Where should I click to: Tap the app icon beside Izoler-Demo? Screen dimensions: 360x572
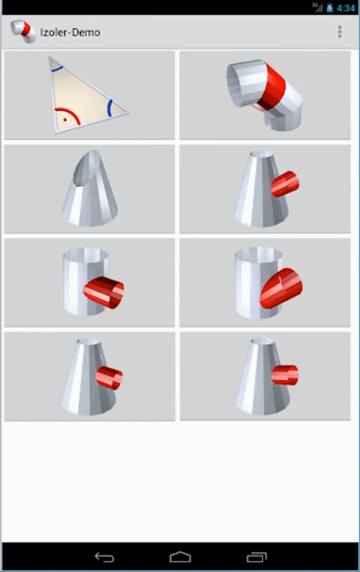point(23,31)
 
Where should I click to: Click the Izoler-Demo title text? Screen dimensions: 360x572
point(70,32)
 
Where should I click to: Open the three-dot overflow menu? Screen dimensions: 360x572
point(340,32)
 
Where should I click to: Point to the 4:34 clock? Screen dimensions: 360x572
point(346,8)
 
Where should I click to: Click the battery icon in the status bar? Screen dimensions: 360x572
point(329,8)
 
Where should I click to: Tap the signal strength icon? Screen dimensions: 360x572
point(318,7)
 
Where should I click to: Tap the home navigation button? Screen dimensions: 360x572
point(181,557)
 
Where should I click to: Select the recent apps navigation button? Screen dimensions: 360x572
point(257,557)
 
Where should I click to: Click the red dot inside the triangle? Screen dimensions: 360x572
point(65,119)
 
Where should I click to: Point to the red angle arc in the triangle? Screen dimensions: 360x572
point(73,112)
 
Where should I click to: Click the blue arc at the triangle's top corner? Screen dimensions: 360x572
point(57,69)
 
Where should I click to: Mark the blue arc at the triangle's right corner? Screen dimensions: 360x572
point(109,108)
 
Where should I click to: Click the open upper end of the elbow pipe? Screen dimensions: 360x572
point(233,85)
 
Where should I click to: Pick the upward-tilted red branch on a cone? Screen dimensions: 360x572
point(285,184)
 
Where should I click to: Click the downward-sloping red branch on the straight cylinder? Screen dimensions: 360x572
point(104,292)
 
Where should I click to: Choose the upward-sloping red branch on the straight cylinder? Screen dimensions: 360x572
point(281,288)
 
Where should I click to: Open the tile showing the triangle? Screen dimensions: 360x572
point(90,95)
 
